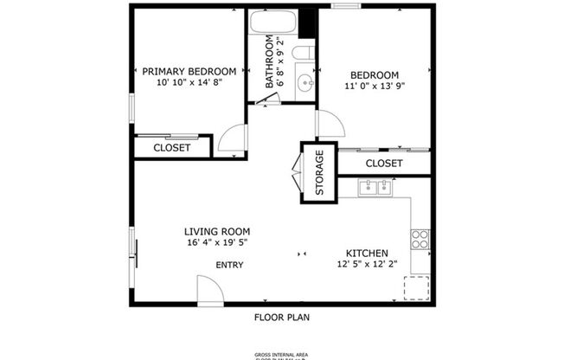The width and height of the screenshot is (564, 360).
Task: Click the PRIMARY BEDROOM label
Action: [189, 71]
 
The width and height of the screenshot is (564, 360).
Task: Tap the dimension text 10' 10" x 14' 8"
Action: [189, 83]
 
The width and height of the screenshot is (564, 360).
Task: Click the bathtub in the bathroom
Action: [273, 23]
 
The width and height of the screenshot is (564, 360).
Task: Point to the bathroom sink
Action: [304, 83]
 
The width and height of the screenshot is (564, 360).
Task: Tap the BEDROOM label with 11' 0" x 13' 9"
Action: [375, 75]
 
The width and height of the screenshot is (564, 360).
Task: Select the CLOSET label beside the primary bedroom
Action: [171, 148]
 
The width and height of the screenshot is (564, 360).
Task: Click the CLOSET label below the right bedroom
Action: [383, 163]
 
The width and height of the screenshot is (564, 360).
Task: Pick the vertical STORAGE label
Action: [318, 173]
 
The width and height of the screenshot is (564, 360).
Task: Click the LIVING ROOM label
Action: [216, 231]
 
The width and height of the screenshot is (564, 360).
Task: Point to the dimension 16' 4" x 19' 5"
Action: [216, 243]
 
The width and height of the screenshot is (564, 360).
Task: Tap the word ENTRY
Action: [229, 266]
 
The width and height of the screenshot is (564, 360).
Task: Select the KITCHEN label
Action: [368, 253]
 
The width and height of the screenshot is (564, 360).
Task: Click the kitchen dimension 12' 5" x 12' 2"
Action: [368, 265]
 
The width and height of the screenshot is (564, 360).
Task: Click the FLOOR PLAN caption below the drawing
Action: [281, 317]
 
